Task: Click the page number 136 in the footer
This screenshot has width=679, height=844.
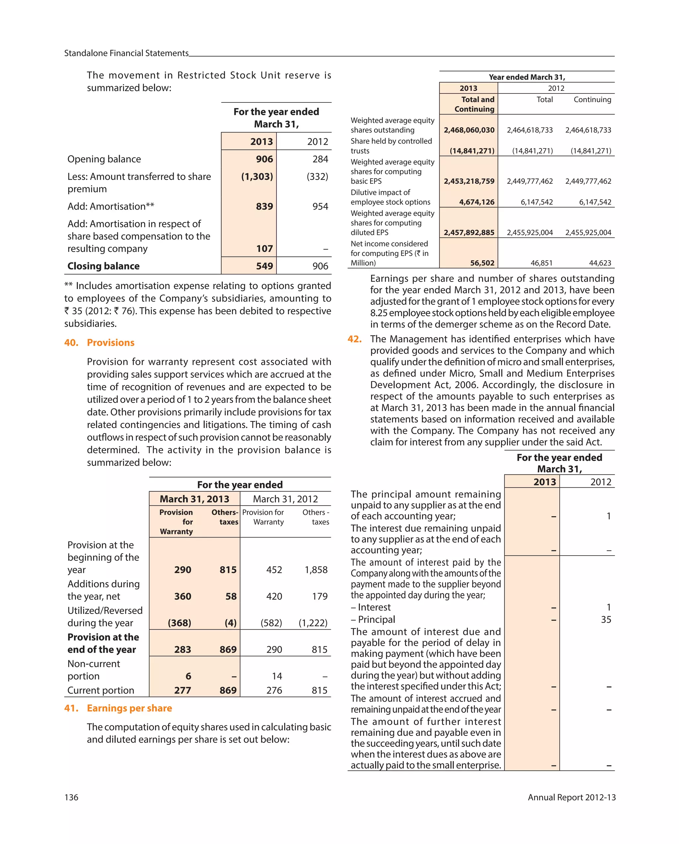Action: (x=71, y=797)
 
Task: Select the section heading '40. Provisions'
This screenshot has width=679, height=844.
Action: (x=99, y=342)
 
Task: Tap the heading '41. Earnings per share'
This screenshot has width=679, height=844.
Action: (x=118, y=708)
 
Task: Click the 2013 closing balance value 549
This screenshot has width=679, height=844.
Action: (x=264, y=266)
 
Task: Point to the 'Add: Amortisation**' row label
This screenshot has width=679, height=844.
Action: (x=111, y=206)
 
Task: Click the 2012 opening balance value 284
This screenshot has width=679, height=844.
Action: (x=320, y=159)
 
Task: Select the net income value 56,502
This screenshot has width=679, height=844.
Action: (x=482, y=263)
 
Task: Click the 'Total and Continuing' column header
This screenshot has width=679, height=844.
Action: (x=474, y=104)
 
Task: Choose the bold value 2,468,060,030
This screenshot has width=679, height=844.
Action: (x=469, y=130)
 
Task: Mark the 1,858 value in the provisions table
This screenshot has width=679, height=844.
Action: (x=316, y=570)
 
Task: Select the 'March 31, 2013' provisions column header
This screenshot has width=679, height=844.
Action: (x=194, y=499)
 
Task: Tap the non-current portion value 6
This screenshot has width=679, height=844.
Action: (x=188, y=676)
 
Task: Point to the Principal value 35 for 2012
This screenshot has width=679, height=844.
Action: (x=606, y=619)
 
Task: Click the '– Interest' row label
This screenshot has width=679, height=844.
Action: (x=370, y=607)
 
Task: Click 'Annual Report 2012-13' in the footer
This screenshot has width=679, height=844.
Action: (x=571, y=797)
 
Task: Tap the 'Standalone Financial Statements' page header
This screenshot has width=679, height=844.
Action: (x=126, y=53)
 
